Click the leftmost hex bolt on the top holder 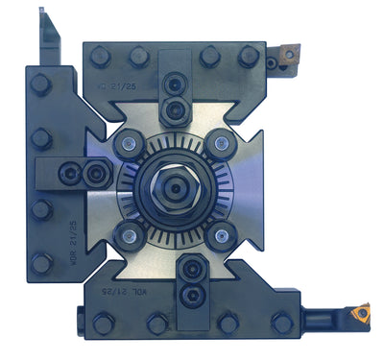click(x=98, y=58)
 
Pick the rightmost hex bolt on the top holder click(x=252, y=58)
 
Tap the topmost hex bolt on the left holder click(x=41, y=84)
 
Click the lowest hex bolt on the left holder click(x=41, y=262)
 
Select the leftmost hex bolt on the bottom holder click(x=102, y=323)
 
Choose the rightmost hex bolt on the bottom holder click(x=280, y=323)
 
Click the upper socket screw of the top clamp click(x=175, y=84)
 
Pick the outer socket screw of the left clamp click(x=68, y=172)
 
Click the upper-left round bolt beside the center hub click(x=126, y=144)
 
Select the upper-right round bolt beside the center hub click(x=221, y=142)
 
